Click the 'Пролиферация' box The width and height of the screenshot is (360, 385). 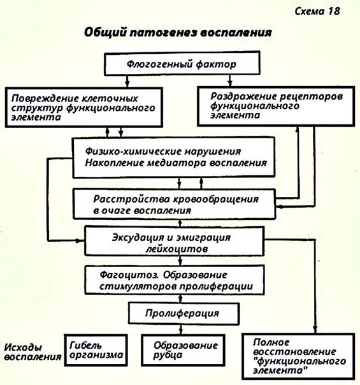[182, 314]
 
